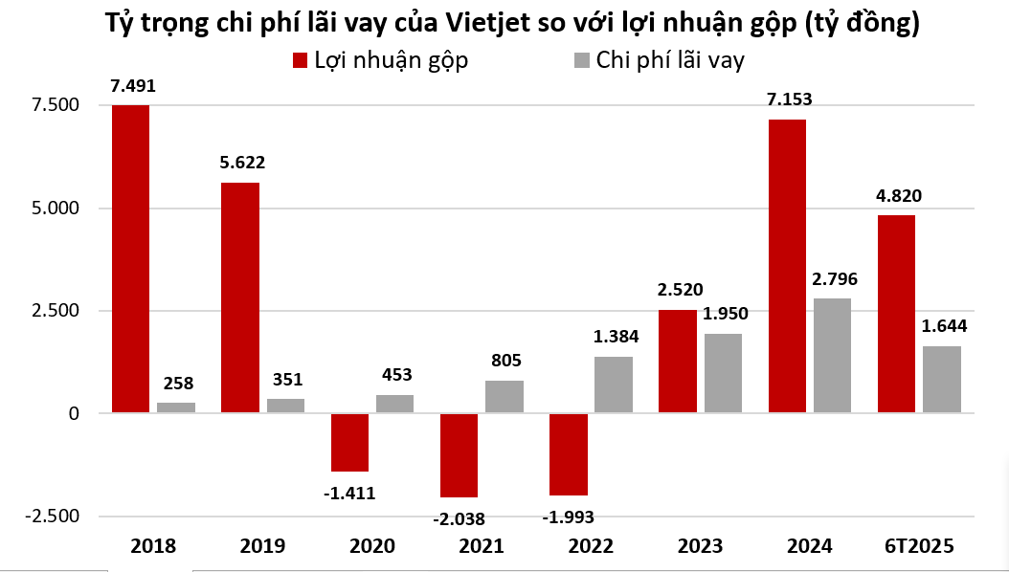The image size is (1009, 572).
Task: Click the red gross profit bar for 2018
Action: click(130, 258)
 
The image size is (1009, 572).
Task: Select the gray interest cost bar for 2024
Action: click(832, 356)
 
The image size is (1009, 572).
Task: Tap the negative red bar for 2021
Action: click(458, 455)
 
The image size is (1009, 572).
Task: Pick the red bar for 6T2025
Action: click(896, 314)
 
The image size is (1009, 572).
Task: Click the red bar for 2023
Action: click(677, 362)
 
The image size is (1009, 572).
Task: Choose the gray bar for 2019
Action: click(285, 406)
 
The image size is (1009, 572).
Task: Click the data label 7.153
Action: click(787, 100)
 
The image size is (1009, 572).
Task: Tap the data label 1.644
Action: click(944, 326)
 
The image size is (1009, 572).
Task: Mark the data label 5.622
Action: click(239, 163)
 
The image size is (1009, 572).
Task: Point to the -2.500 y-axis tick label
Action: click(45, 516)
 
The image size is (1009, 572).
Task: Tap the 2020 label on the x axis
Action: click(371, 546)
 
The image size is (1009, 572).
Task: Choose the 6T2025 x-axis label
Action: click(919, 546)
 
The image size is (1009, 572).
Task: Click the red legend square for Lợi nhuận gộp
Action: click(299, 60)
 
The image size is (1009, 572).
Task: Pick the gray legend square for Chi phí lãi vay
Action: click(581, 60)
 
